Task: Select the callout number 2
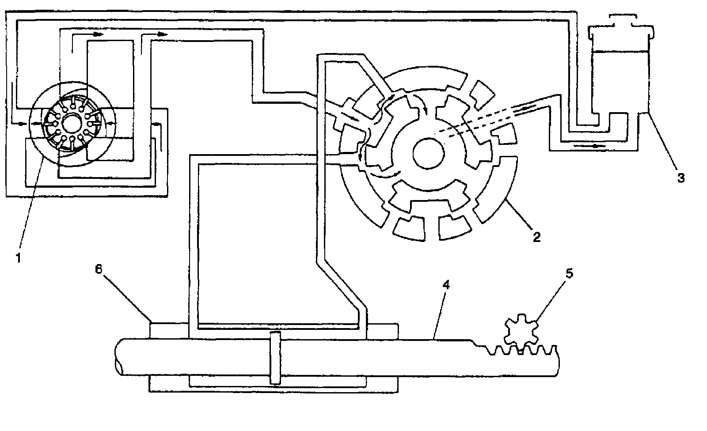(536, 237)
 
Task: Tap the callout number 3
(681, 178)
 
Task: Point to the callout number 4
(447, 285)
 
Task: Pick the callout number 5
(570, 273)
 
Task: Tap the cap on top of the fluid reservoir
(622, 21)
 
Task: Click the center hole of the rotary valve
(428, 153)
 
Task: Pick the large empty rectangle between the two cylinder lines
(256, 243)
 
